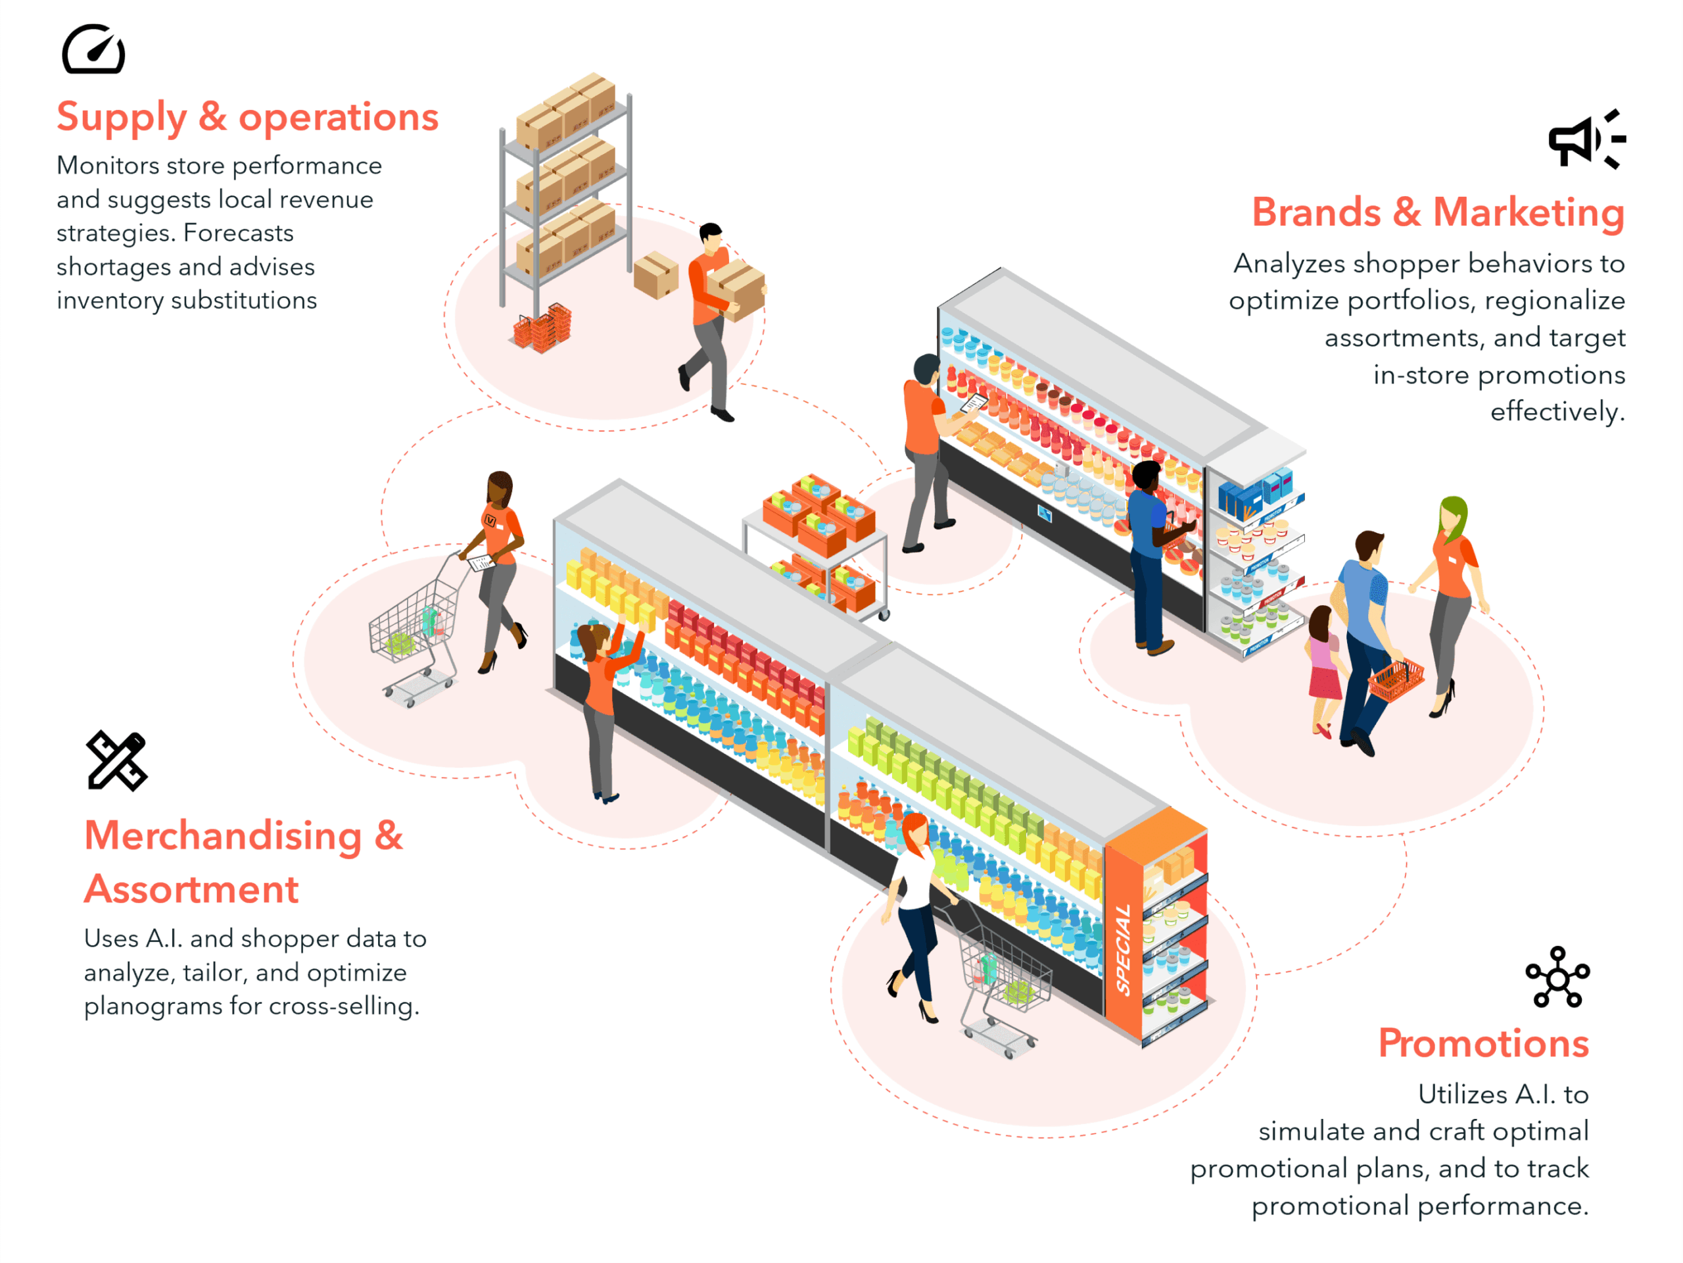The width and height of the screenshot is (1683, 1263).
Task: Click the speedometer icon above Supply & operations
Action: (x=93, y=49)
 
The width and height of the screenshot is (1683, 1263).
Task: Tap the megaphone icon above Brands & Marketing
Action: (x=1586, y=139)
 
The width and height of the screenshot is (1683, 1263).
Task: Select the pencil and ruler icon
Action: (x=116, y=760)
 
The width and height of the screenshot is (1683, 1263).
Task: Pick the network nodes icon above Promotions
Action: (x=1557, y=977)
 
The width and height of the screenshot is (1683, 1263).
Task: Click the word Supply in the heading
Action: (x=122, y=118)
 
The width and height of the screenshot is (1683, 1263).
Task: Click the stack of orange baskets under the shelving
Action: (x=542, y=330)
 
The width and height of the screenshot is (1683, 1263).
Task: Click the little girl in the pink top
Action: (x=1323, y=662)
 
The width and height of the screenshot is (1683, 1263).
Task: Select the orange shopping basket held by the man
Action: (x=1396, y=680)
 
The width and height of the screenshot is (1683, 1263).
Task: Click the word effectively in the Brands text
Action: (x=1557, y=412)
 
